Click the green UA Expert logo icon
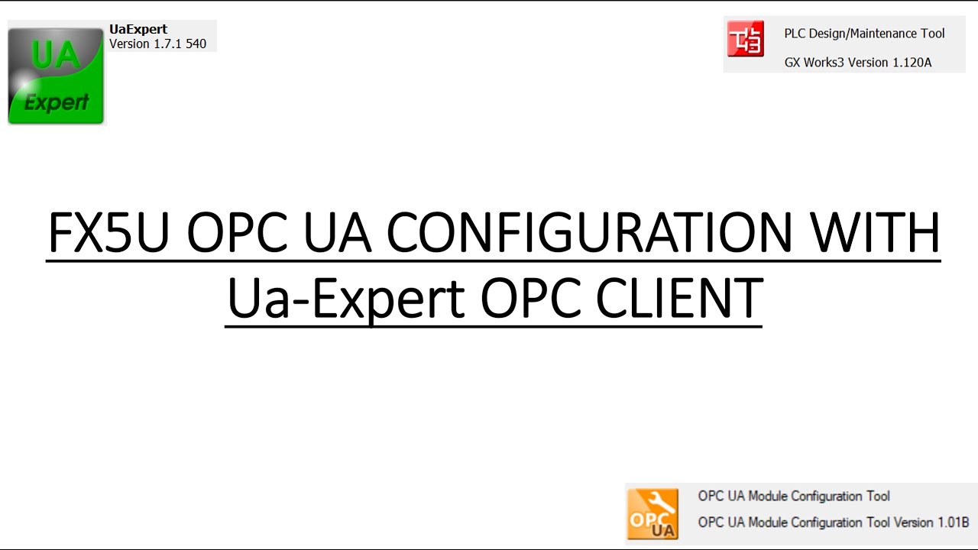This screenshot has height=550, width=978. (56, 76)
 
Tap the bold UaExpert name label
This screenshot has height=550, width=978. (138, 30)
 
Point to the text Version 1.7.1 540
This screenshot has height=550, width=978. (157, 44)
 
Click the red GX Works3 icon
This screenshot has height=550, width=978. (745, 38)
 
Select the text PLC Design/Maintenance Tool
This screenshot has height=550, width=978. (864, 34)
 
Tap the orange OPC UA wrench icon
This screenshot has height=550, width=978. (652, 513)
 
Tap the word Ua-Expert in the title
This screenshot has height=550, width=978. (346, 299)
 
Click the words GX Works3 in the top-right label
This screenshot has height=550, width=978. (815, 63)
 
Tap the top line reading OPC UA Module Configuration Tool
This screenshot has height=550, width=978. (794, 497)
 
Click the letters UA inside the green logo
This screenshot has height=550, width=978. (53, 55)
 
